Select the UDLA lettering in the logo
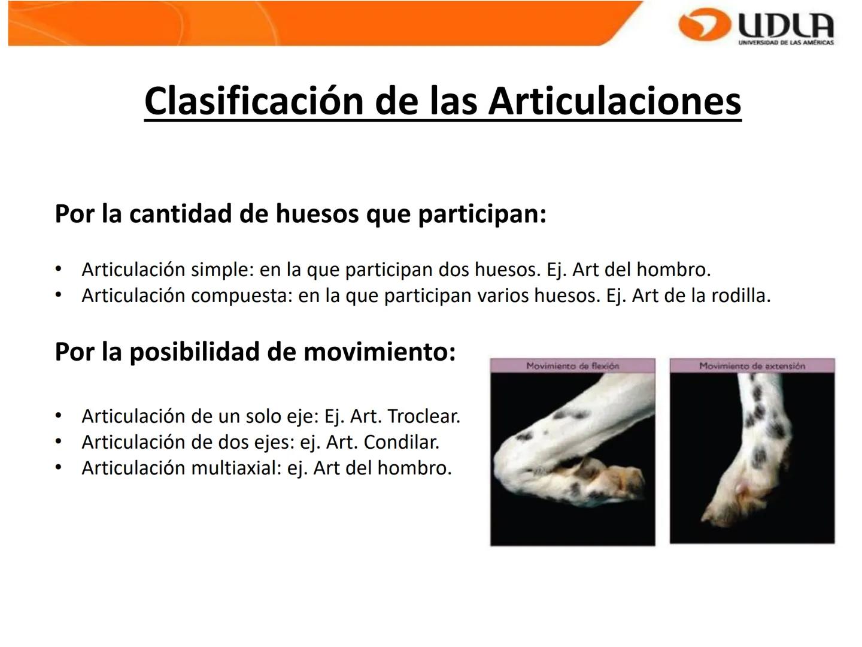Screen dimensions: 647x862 [785, 25]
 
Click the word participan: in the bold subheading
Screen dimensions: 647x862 [482, 214]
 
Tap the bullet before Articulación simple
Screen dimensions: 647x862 [58, 269]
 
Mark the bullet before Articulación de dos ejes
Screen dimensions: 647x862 [58, 442]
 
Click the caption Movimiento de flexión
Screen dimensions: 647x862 [572, 365]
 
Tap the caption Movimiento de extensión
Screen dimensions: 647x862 [752, 365]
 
